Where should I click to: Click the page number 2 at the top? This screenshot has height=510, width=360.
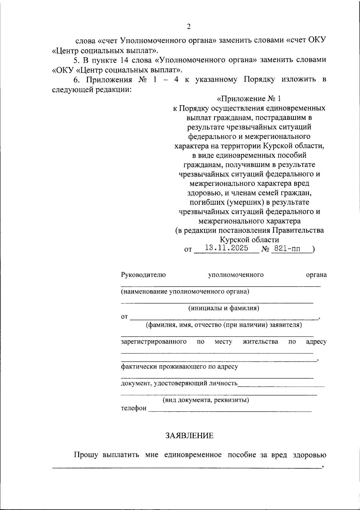coord(189,27)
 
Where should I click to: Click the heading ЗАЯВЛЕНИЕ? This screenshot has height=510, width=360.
coord(189,436)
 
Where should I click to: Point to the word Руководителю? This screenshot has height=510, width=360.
coord(143,275)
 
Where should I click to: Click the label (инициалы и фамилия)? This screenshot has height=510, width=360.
coord(224,308)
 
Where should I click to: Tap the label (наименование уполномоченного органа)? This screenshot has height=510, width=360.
coord(185,291)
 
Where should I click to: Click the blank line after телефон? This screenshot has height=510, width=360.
coord(230,409)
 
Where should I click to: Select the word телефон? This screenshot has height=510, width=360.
coord(134,408)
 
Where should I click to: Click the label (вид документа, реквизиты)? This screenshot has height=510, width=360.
coord(206,400)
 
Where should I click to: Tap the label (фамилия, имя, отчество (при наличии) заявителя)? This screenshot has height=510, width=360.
coord(224,325)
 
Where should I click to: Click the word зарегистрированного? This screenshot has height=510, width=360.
coord(154,341)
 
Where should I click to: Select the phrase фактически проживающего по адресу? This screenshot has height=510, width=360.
coord(179,366)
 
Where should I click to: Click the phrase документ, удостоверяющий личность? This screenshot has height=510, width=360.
coord(179,383)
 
